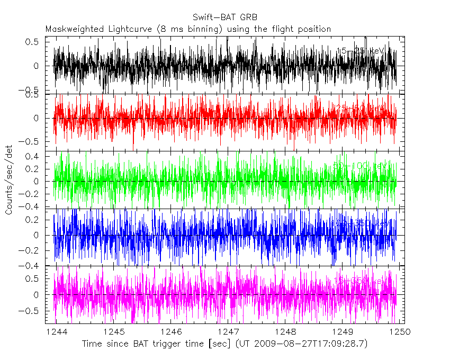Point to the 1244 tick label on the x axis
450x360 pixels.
coord(56,331)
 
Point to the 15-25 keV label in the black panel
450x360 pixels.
coord(360,51)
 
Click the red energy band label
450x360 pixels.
coord(360,109)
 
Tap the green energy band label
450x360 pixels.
coord(360,166)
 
